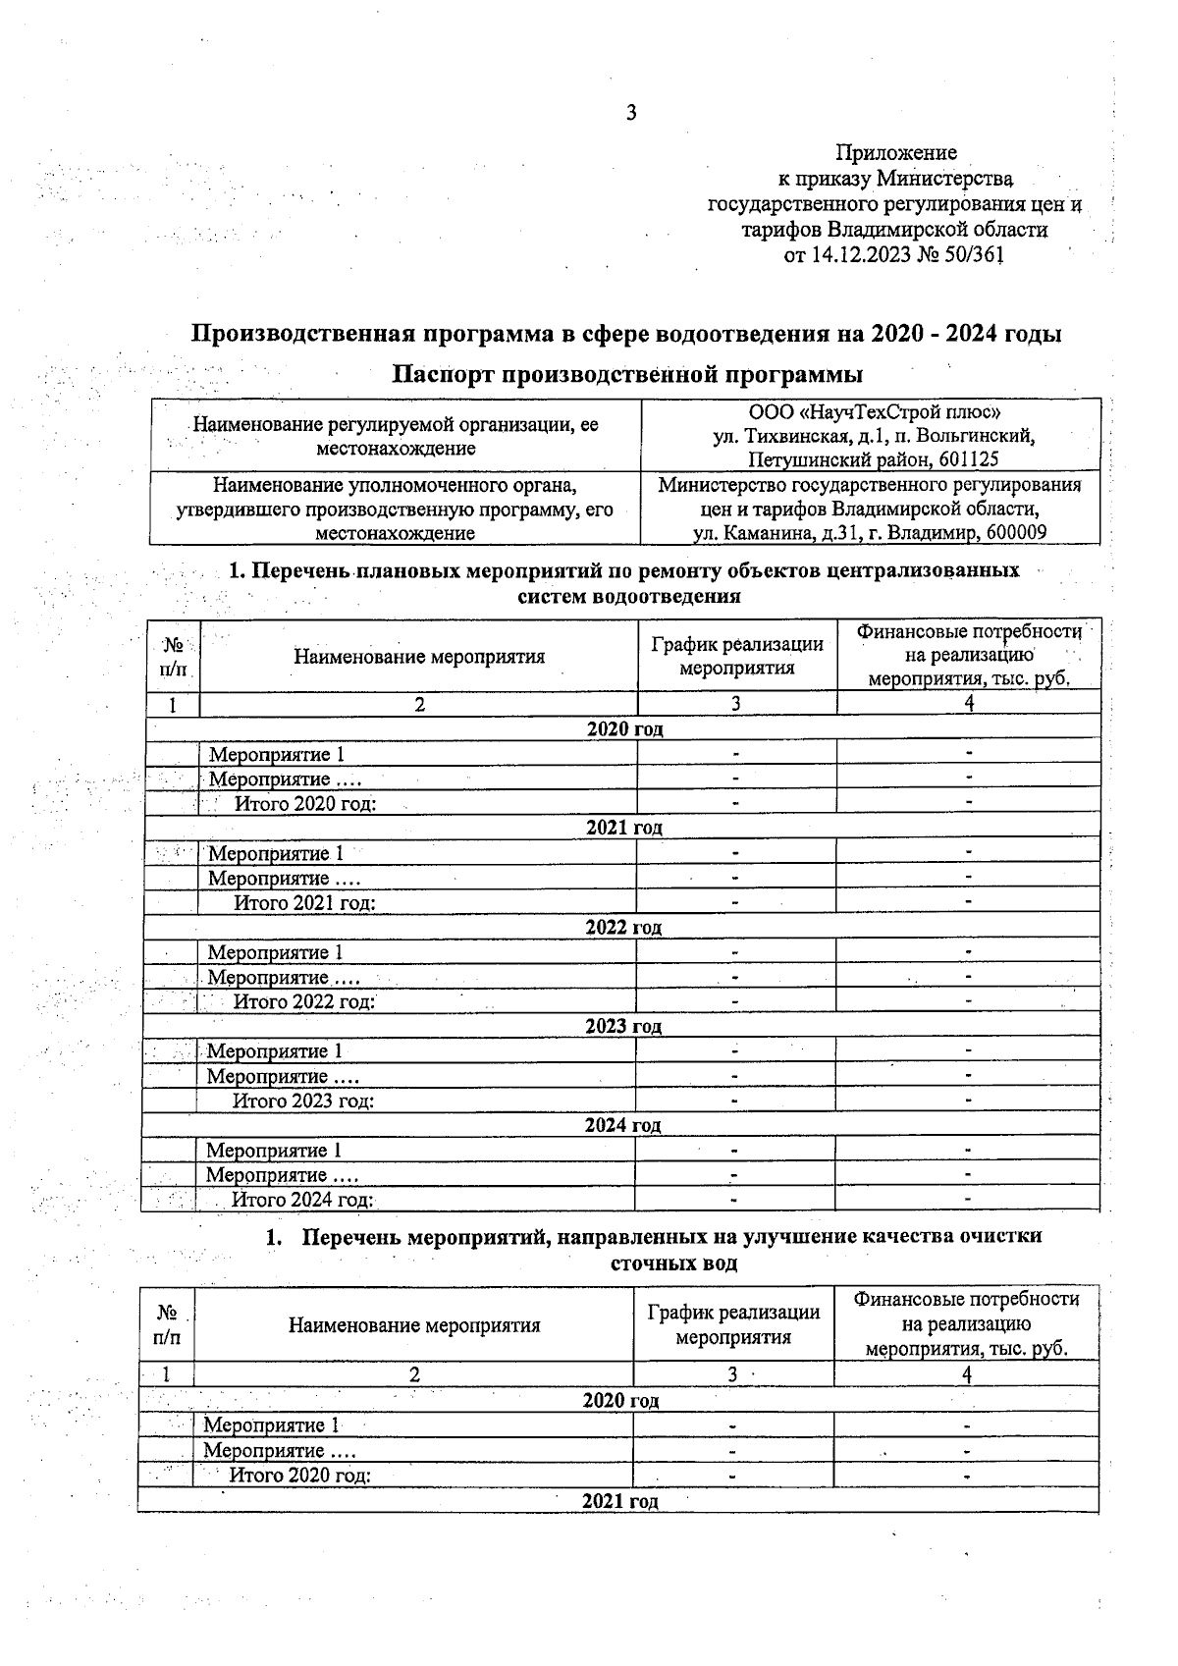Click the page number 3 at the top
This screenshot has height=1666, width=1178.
tap(631, 113)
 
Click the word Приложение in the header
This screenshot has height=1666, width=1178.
tap(895, 152)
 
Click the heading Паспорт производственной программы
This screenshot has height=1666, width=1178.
tap(627, 374)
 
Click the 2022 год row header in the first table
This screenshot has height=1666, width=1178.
tap(623, 927)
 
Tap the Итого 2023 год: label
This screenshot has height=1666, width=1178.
tap(303, 1101)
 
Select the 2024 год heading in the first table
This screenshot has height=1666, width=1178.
tap(622, 1125)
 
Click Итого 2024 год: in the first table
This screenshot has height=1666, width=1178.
tap(302, 1200)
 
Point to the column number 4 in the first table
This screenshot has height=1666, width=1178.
tap(968, 703)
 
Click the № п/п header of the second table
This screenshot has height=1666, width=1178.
tap(167, 1324)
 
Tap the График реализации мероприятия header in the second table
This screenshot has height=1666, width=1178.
tap(733, 1324)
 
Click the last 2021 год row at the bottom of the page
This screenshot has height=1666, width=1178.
tap(619, 1501)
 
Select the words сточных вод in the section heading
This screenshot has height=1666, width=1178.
tap(673, 1263)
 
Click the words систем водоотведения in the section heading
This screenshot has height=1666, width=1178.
tap(628, 596)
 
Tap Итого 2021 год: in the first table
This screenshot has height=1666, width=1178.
tap(304, 902)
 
